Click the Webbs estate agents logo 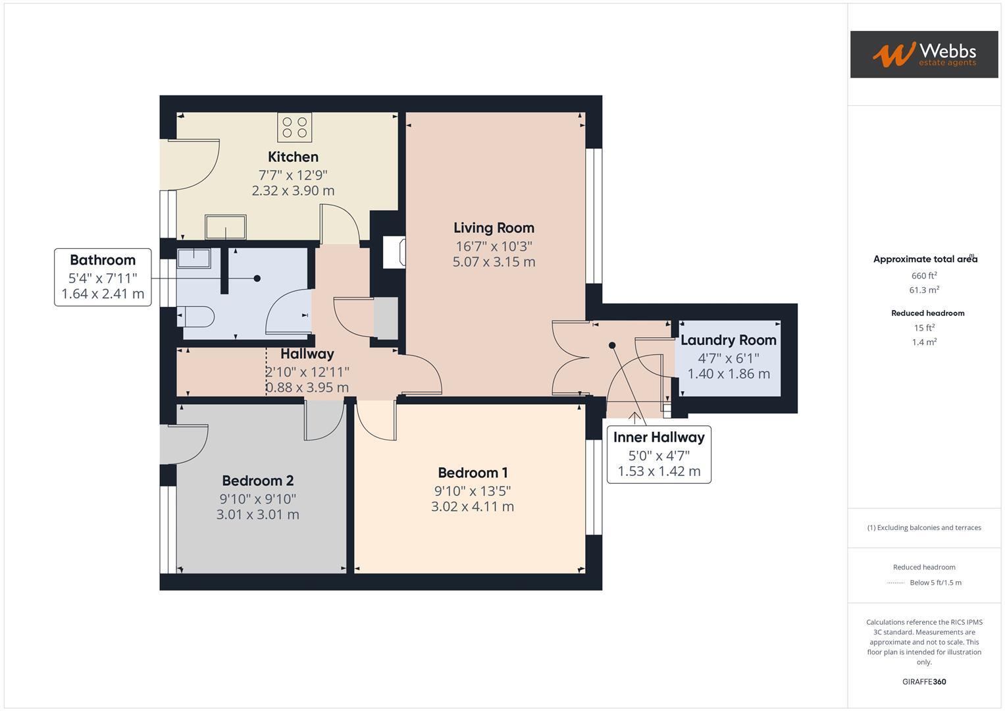(x=923, y=55)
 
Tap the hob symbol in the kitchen (x=294, y=127)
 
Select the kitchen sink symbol (x=226, y=227)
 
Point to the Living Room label (x=494, y=228)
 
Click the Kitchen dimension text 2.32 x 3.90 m (x=293, y=191)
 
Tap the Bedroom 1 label (x=473, y=473)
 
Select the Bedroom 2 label (x=257, y=481)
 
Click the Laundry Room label (x=728, y=340)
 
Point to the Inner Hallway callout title (x=659, y=437)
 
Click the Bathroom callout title (x=103, y=260)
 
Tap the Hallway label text (x=307, y=354)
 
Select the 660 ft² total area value (x=924, y=276)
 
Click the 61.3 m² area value (x=924, y=290)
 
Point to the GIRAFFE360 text (x=924, y=681)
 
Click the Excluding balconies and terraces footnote (x=924, y=527)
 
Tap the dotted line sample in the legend (x=896, y=583)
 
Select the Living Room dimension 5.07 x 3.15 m (x=494, y=262)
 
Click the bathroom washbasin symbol (x=193, y=258)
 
